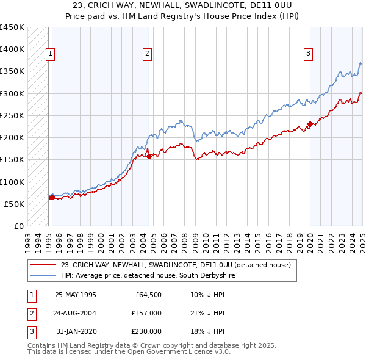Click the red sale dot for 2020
[310, 124]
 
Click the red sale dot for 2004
[149, 156]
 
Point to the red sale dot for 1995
[52, 197]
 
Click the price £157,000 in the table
[146, 313]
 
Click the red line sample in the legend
[43, 265]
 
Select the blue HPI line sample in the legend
[43, 276]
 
